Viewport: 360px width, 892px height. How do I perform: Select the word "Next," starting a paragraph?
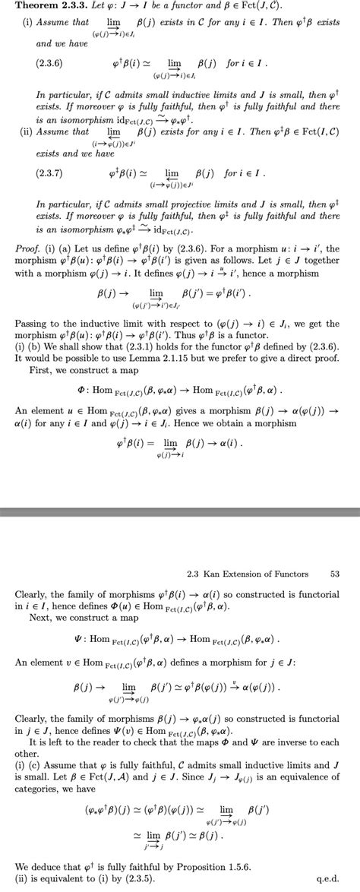click(39, 618)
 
